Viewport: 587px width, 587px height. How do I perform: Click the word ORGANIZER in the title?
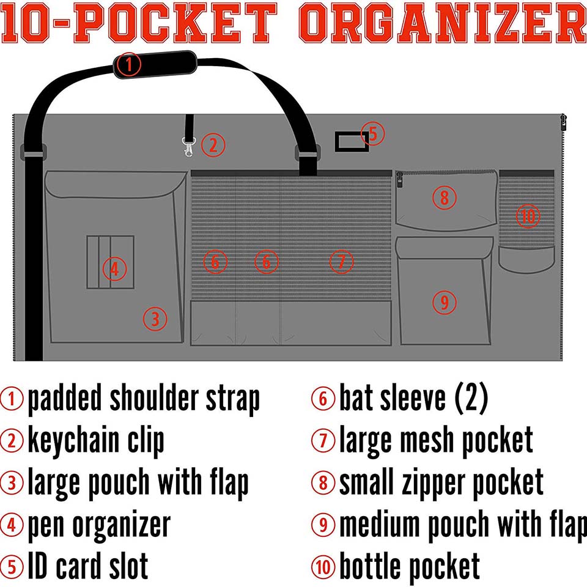tap(443, 23)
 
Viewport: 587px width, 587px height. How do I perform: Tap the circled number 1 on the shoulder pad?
tap(128, 64)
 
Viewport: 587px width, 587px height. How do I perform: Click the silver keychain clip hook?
tap(188, 146)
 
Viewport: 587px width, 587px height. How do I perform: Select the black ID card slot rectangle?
tap(352, 141)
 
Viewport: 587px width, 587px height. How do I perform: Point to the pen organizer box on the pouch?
tap(111, 262)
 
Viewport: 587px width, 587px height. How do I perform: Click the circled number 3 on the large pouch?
tap(155, 319)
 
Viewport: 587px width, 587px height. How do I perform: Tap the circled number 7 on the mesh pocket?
tap(341, 262)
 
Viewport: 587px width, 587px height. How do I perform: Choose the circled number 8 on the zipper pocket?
tap(445, 198)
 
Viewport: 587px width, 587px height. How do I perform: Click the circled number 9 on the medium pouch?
tap(445, 301)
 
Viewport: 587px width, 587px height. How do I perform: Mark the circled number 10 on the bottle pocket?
tap(528, 216)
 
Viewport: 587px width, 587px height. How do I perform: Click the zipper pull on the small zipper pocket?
tap(400, 180)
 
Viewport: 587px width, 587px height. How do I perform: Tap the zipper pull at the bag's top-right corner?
tap(563, 122)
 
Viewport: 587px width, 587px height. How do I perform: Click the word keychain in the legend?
tap(73, 441)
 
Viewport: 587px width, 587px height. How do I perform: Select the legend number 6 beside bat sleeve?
tap(323, 398)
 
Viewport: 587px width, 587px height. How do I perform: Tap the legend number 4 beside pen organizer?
tap(12, 525)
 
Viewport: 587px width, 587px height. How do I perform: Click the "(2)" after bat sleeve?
tap(471, 398)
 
